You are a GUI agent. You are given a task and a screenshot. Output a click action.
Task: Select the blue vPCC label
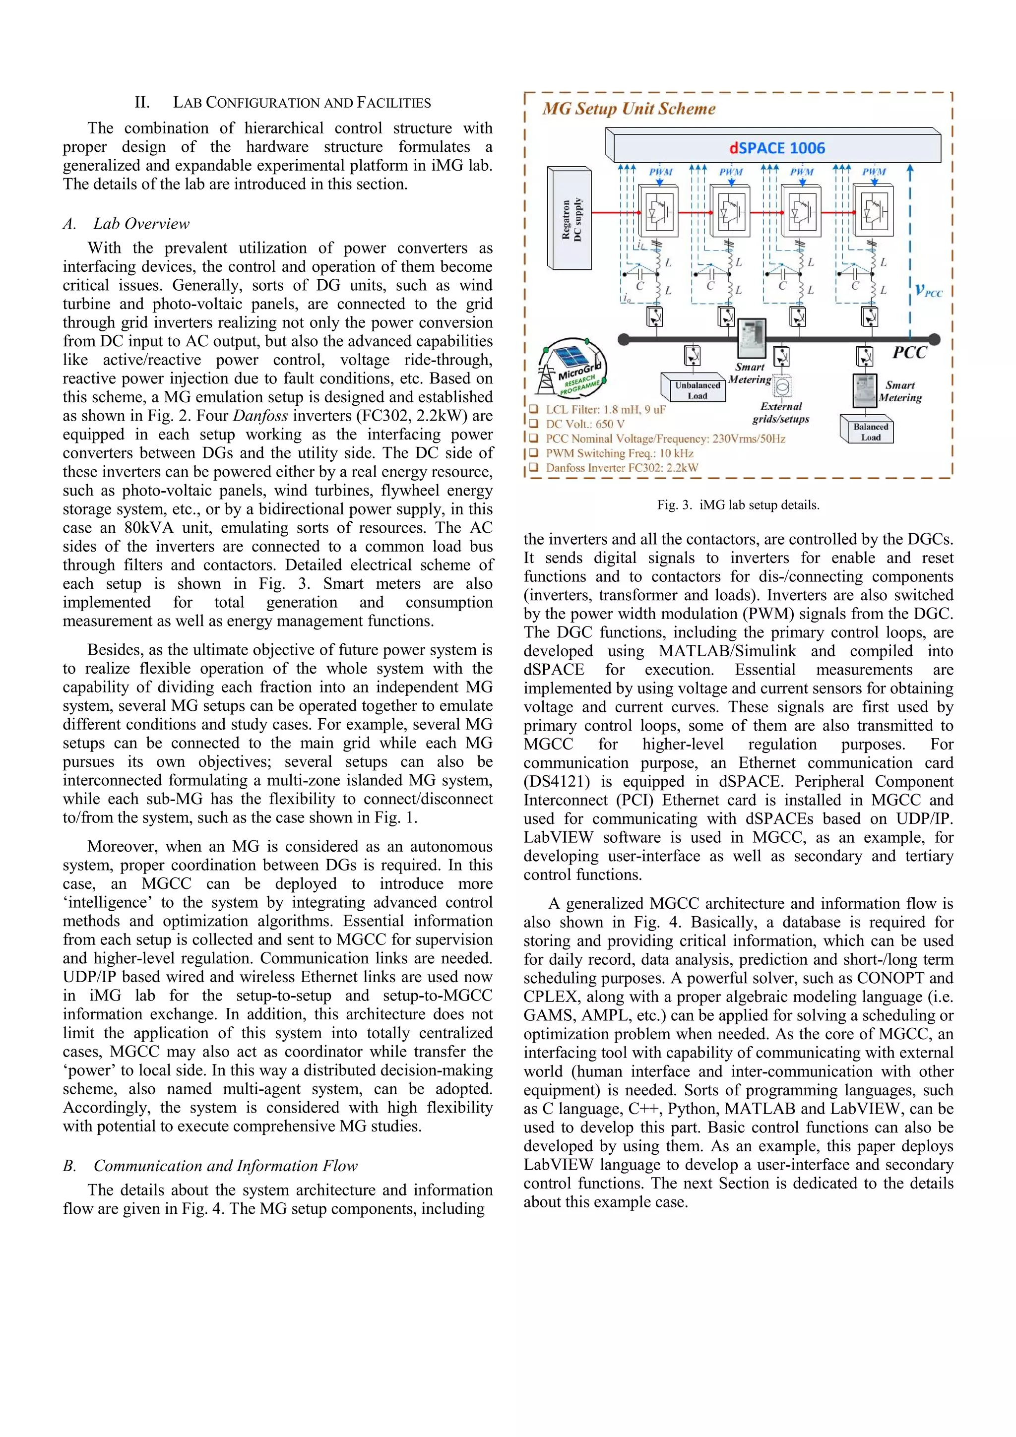click(x=928, y=291)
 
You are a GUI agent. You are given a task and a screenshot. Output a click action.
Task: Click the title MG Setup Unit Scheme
click(x=629, y=109)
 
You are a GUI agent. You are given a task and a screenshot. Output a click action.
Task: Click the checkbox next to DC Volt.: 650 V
click(x=533, y=424)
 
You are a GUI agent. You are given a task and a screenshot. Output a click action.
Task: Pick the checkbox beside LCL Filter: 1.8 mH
click(x=533, y=409)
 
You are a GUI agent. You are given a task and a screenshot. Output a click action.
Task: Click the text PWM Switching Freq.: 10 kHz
click(x=619, y=453)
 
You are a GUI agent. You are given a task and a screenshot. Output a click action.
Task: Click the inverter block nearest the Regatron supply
click(x=657, y=211)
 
